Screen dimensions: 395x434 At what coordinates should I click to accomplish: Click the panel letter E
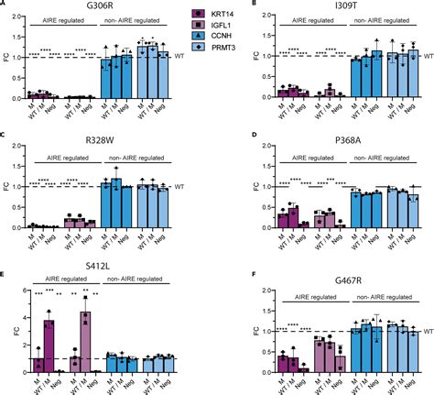[5, 273]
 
